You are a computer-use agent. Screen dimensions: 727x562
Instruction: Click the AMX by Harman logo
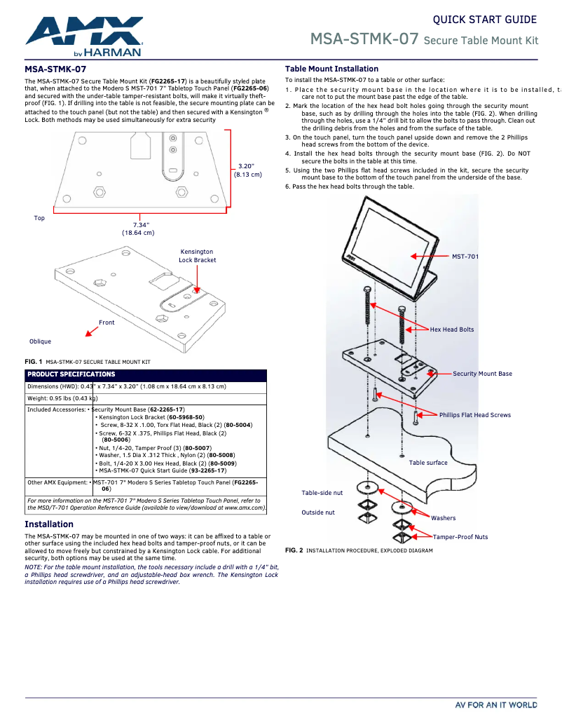[x=84, y=36]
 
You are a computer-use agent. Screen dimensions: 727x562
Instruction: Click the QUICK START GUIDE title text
[x=484, y=20]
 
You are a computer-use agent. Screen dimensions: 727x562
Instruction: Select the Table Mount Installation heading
[x=331, y=69]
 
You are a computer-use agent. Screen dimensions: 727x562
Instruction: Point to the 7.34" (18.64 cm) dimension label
[x=138, y=229]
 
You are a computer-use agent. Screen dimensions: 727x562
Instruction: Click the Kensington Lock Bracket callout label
[x=197, y=256]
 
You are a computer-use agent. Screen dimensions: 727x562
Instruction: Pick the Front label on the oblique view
[x=107, y=322]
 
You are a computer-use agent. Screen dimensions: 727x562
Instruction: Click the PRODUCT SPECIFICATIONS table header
[x=71, y=374]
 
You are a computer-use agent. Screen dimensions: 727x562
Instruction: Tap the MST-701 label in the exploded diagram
[x=465, y=257]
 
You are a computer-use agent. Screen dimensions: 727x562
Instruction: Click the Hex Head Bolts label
[x=451, y=329]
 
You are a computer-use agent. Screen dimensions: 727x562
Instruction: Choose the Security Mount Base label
[x=482, y=374]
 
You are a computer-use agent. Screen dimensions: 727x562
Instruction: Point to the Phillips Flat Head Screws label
[x=474, y=415]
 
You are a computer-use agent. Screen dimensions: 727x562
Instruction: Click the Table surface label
[x=428, y=463]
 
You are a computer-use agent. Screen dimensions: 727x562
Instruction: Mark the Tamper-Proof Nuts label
[x=460, y=537]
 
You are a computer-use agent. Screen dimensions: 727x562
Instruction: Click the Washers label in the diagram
[x=443, y=518]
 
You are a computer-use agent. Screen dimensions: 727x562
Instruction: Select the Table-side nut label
[x=322, y=493]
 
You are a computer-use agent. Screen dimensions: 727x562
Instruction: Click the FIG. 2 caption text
[x=358, y=550]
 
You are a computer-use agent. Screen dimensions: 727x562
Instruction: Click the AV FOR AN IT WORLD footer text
[x=495, y=705]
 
